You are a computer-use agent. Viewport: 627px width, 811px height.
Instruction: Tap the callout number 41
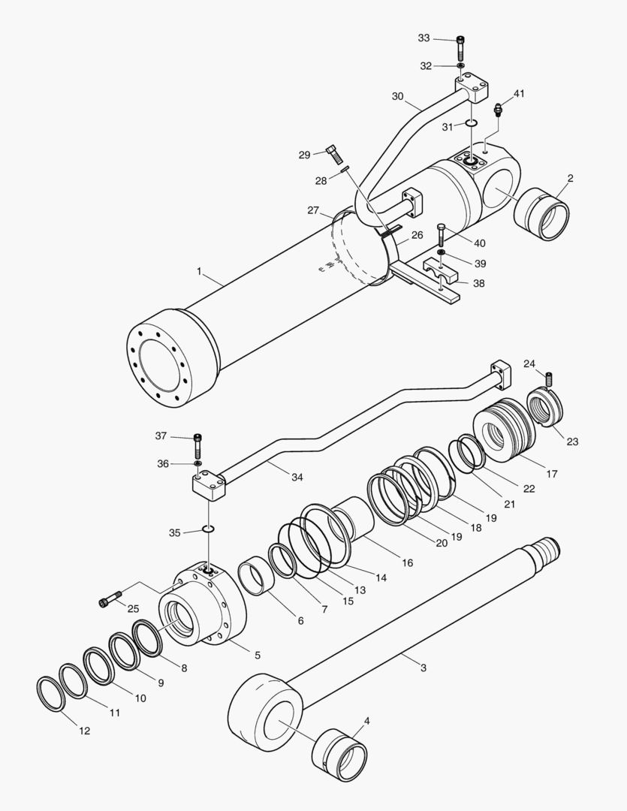pyautogui.click(x=519, y=94)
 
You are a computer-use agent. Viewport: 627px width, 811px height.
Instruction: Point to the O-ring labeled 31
pyautogui.click(x=470, y=123)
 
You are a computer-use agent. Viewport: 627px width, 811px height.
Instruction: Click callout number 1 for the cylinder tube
pyautogui.click(x=199, y=271)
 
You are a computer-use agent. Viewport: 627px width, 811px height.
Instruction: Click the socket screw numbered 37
pyautogui.click(x=198, y=445)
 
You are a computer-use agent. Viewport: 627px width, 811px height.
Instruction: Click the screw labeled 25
pyautogui.click(x=110, y=599)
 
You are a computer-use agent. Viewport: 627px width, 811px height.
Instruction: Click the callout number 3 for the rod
pyautogui.click(x=424, y=668)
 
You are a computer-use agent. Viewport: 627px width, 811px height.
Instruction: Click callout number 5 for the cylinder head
pyautogui.click(x=257, y=655)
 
